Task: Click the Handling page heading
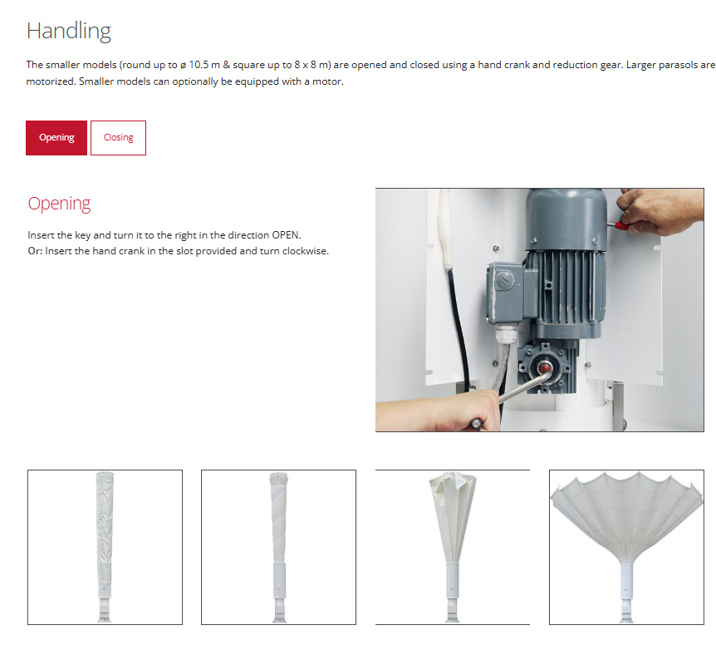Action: [x=69, y=32]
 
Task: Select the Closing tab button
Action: [x=118, y=138]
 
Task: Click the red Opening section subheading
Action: [x=59, y=204]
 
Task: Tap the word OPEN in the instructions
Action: [x=286, y=235]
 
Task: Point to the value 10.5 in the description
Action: [x=199, y=65]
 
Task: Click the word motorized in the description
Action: [x=50, y=81]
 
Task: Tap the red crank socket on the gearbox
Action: [x=544, y=368]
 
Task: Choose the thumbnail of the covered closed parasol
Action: [x=105, y=547]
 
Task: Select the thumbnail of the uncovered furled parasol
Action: [x=278, y=547]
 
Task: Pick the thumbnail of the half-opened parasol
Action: [x=453, y=547]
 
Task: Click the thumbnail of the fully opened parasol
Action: [x=626, y=547]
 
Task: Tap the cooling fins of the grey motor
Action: [x=571, y=287]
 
